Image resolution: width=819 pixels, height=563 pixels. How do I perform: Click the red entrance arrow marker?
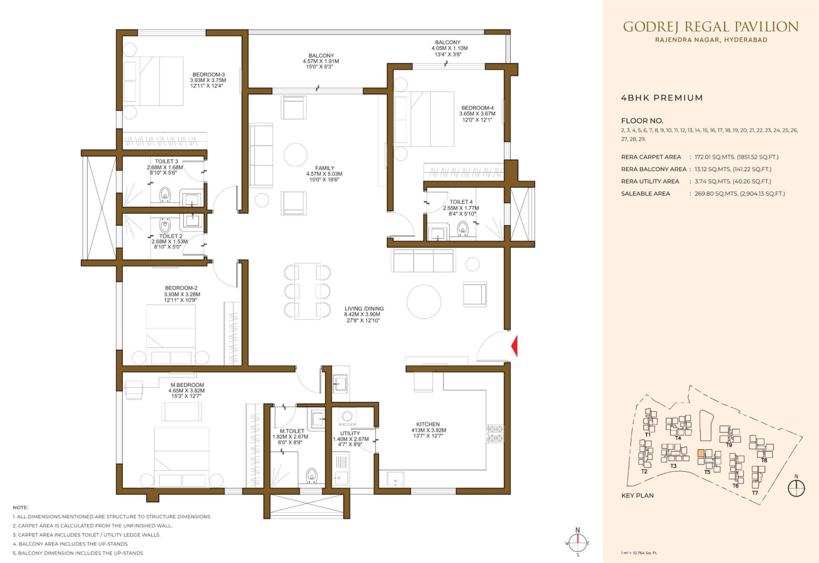(x=515, y=345)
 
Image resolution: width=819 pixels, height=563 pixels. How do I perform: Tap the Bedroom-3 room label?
(x=208, y=75)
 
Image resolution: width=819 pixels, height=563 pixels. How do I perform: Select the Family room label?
(x=325, y=168)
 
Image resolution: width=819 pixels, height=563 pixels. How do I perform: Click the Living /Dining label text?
(x=364, y=308)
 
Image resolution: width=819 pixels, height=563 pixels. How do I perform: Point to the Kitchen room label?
(x=428, y=424)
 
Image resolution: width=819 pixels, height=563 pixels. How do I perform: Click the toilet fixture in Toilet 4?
(x=463, y=229)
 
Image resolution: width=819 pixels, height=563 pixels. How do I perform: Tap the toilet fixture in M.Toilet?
(x=312, y=476)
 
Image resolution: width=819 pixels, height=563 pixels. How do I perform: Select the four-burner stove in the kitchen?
(x=495, y=433)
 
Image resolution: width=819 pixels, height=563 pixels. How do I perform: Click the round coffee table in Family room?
(x=296, y=154)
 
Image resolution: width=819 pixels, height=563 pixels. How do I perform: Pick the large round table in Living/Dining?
(x=424, y=302)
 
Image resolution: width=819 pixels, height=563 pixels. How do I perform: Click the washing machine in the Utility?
(x=347, y=416)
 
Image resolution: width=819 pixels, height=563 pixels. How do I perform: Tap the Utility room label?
(x=350, y=433)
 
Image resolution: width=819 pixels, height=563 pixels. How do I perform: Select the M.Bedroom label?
(x=187, y=385)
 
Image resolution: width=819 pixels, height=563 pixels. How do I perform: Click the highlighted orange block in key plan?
(x=701, y=453)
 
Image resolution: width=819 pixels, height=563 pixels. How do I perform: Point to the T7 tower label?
(x=755, y=493)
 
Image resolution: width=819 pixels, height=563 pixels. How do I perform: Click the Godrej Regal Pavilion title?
(x=711, y=27)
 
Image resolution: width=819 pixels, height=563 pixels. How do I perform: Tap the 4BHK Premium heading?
(x=662, y=98)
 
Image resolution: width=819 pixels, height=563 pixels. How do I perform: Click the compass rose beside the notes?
(x=578, y=543)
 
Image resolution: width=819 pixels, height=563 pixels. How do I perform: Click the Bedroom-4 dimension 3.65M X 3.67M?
(x=477, y=114)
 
